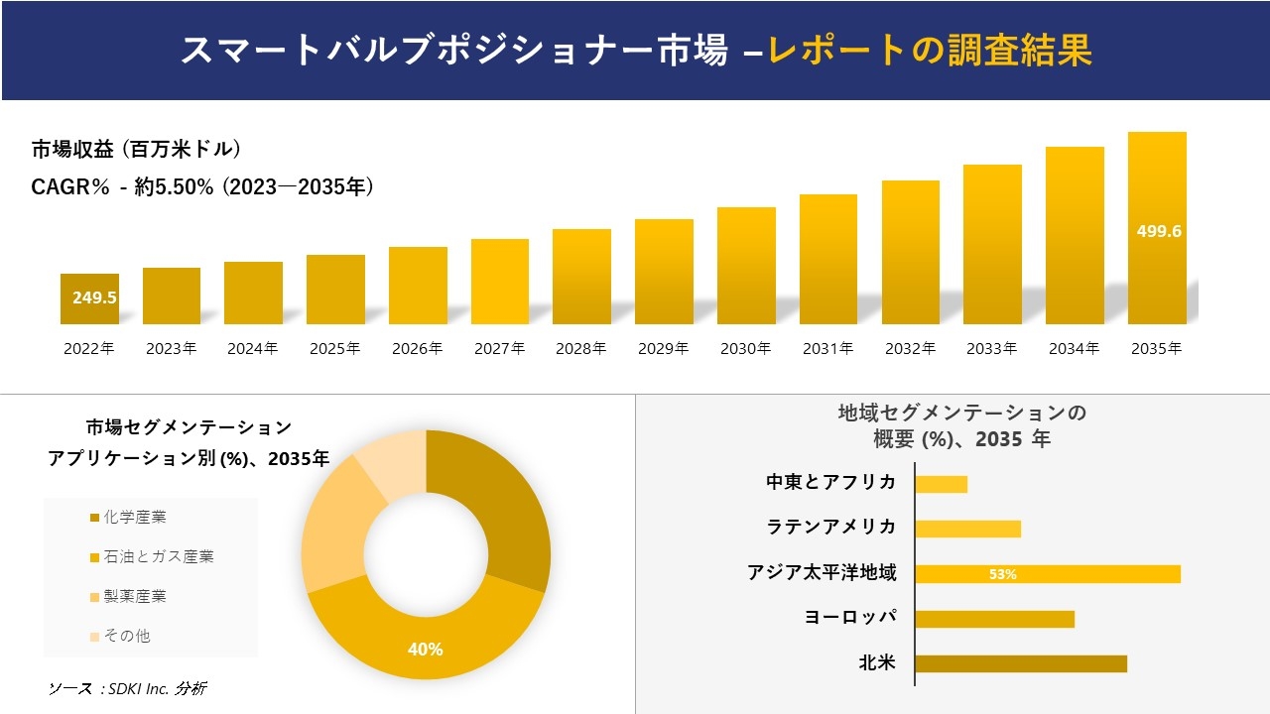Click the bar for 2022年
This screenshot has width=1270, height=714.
point(89,299)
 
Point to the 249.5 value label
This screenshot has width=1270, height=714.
point(94,297)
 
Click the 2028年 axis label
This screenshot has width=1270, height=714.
point(581,349)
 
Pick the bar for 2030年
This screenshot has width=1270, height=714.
point(746,266)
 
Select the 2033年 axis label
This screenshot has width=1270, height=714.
point(991,349)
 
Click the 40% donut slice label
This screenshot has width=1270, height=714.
point(425,650)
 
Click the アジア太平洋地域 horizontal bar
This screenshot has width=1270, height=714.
point(1048,574)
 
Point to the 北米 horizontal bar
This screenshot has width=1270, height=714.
point(1021,663)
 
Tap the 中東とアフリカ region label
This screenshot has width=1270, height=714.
point(830,482)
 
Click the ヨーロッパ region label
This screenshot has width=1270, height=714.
point(850,617)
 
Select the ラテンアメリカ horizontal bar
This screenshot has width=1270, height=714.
point(967,529)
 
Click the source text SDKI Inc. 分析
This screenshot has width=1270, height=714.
point(128,688)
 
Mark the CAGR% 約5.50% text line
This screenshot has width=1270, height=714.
point(203,186)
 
